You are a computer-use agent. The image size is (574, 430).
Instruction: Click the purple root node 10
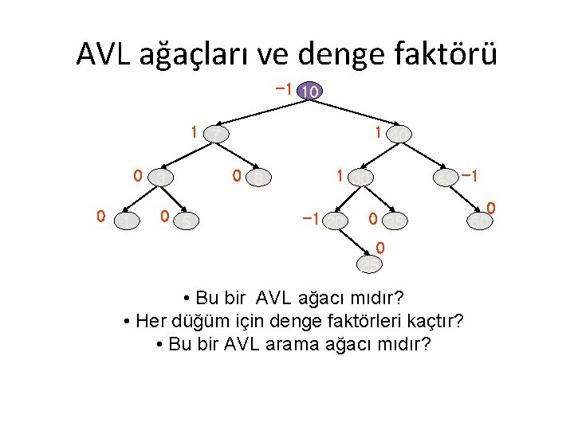(309, 92)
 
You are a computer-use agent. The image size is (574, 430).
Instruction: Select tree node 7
(214, 135)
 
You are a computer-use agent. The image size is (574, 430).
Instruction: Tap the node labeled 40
(399, 135)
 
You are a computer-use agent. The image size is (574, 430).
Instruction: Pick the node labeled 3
(162, 178)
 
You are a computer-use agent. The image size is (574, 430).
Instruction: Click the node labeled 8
(258, 178)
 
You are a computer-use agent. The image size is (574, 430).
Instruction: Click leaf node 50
(478, 219)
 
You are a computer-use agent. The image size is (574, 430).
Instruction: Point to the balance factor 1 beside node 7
(193, 131)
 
